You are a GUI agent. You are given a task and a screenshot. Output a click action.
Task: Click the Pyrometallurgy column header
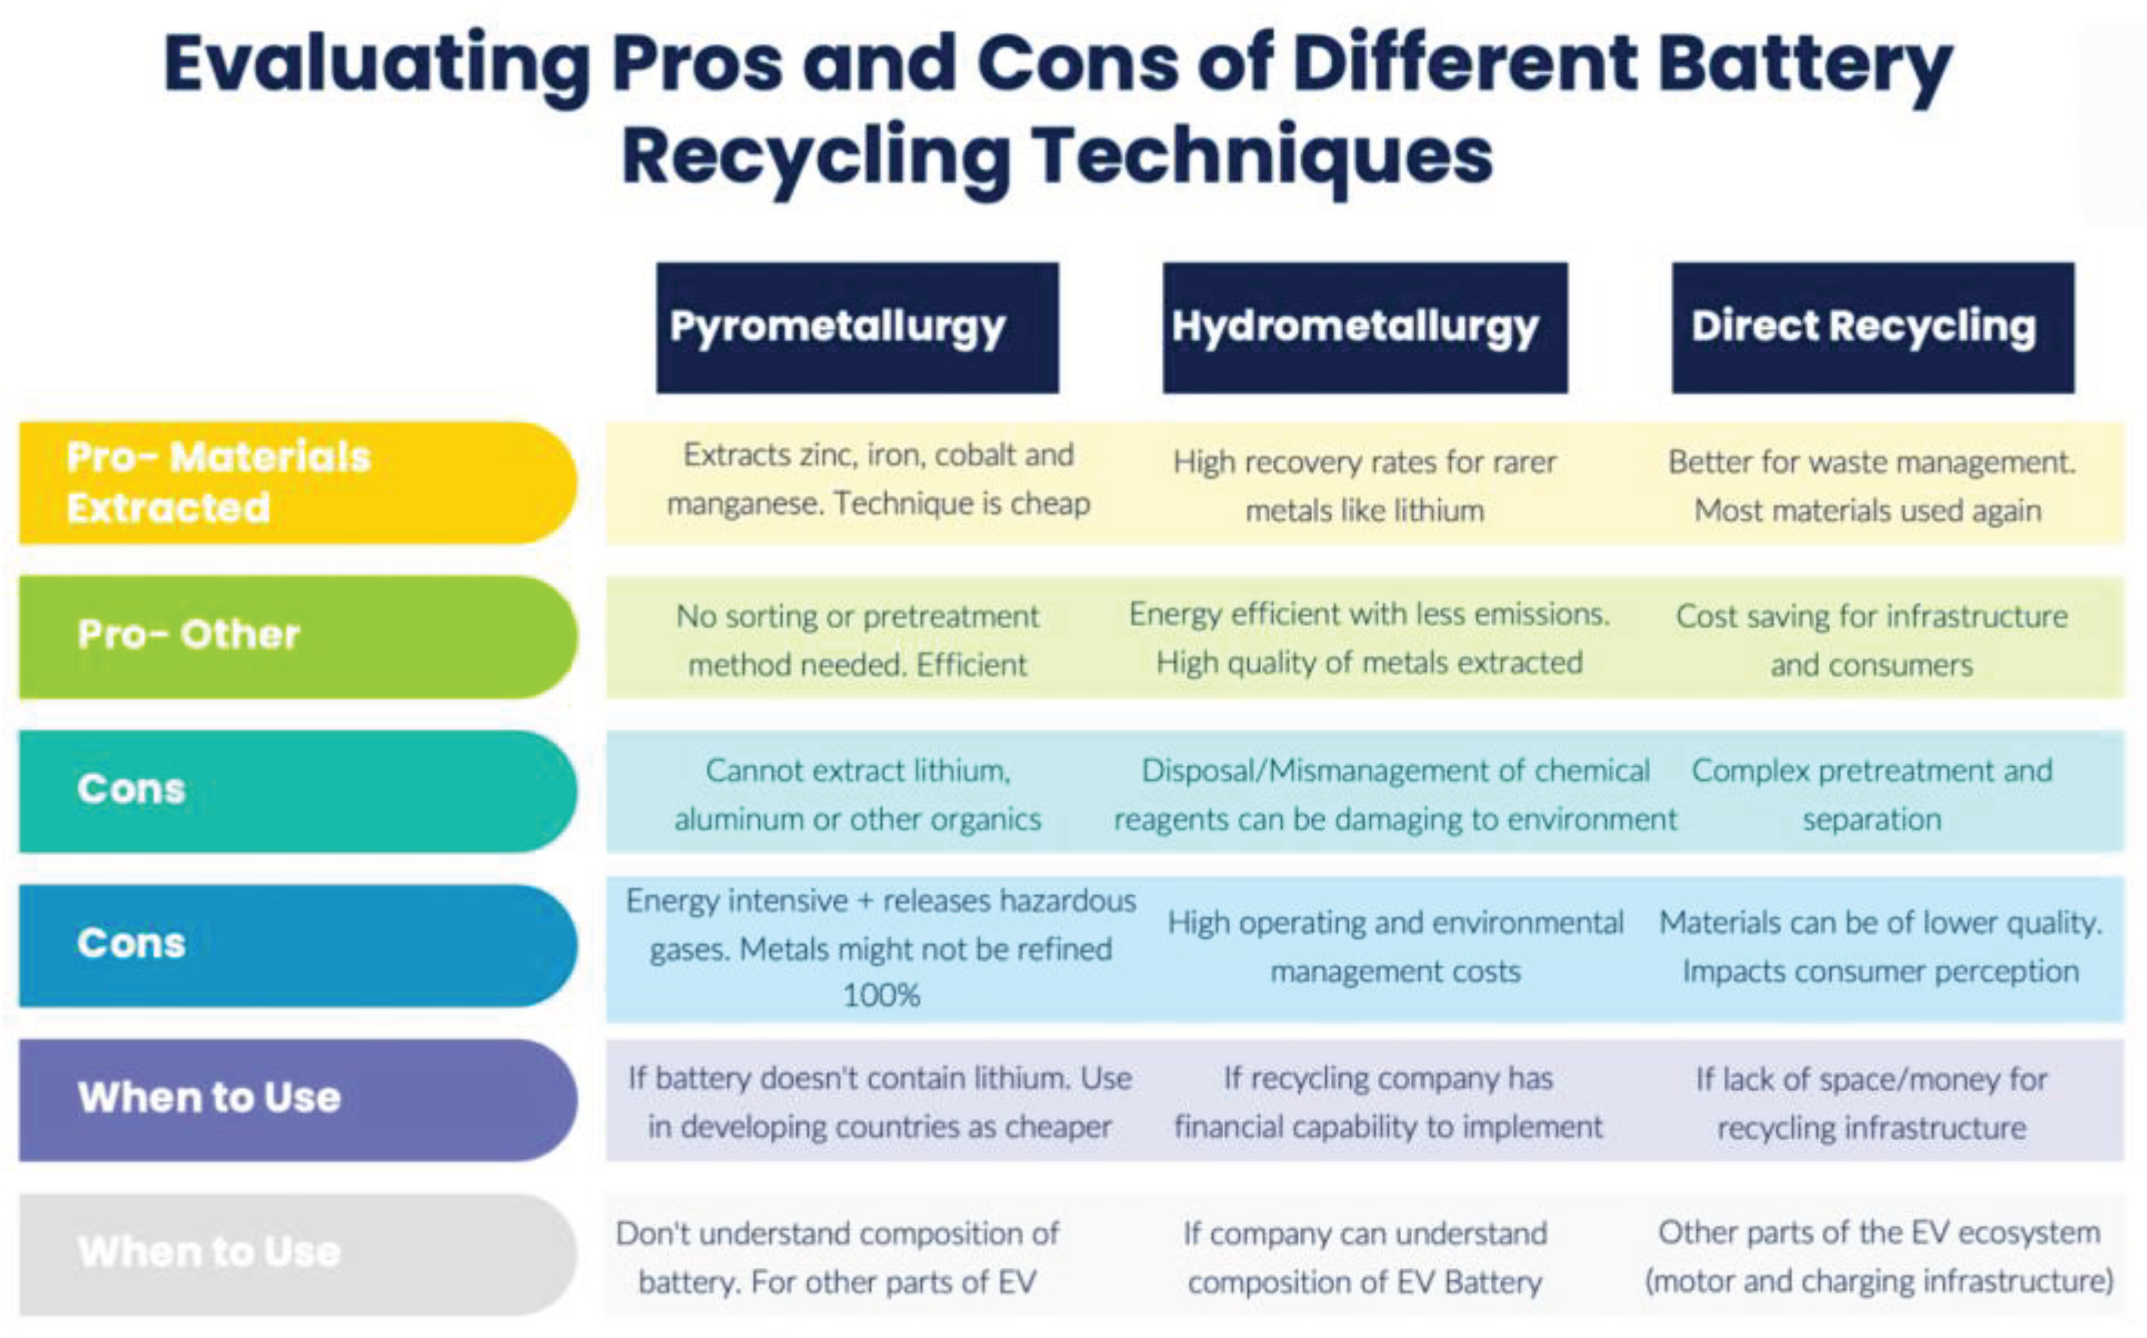tap(857, 327)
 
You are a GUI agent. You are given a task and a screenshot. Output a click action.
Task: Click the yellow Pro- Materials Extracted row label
tap(296, 482)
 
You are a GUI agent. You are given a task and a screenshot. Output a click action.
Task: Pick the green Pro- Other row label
tap(296, 636)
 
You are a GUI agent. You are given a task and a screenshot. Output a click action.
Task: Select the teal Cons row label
tap(296, 790)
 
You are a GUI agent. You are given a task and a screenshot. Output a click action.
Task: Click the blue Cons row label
tap(296, 944)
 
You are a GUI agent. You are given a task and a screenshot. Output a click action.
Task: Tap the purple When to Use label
tap(296, 1098)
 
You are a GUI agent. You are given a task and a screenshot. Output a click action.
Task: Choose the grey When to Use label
tap(296, 1253)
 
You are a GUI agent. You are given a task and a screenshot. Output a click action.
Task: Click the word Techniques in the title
tap(1263, 157)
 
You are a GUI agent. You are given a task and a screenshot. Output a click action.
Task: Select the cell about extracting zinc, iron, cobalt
tap(878, 480)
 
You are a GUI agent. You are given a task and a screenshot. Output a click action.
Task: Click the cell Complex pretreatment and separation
tap(1871, 795)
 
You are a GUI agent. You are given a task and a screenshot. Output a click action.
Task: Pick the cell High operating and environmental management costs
tap(1395, 947)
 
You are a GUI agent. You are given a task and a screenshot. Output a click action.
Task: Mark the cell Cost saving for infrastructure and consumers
tap(1871, 640)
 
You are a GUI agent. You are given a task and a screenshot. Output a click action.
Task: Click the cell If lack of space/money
tap(1871, 1103)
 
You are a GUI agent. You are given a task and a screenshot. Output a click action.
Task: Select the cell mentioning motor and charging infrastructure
tap(1879, 1257)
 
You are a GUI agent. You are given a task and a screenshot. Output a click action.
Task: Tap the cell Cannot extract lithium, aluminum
tap(857, 795)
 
